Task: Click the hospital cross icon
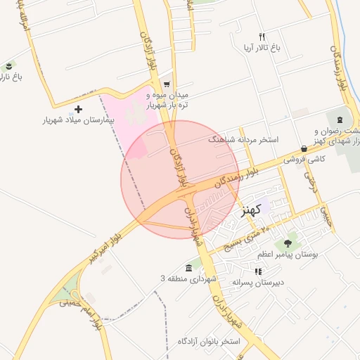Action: point(78,109)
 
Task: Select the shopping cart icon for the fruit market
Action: point(167,83)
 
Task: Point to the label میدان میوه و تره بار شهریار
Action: point(169,99)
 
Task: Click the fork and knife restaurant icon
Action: point(262,37)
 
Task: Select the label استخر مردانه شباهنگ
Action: point(244,139)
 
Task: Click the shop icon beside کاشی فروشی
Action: point(304,148)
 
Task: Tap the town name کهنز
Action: point(250,209)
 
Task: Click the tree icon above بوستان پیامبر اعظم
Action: point(287,243)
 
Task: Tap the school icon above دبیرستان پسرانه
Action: point(258,271)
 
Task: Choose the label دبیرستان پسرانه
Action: point(257,282)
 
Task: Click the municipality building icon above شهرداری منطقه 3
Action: point(188,269)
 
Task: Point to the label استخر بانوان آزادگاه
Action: point(209,342)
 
